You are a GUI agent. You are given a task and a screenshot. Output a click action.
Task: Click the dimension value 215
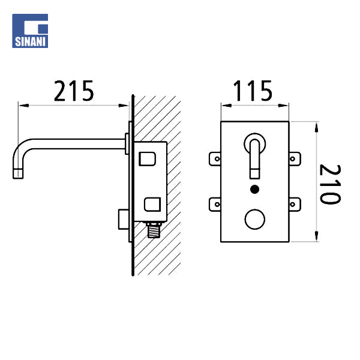74,91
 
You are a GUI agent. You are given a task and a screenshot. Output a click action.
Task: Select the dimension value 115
253,91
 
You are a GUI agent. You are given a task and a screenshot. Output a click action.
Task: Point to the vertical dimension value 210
329,184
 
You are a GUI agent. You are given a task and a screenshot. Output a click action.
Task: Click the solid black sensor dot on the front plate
254,190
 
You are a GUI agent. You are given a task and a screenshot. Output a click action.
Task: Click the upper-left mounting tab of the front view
215,158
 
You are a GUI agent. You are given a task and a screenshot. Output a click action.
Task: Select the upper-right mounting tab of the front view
294,158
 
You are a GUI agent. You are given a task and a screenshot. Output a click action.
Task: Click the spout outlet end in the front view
254,174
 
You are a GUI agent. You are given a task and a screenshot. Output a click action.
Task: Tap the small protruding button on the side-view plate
122,215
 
